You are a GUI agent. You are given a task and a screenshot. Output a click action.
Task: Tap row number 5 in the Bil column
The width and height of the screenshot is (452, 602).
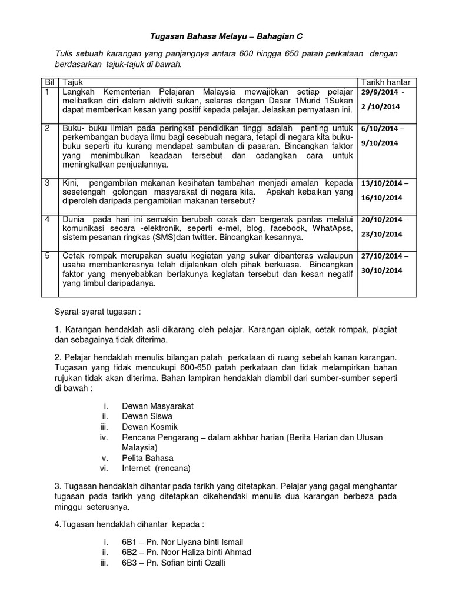(46, 255)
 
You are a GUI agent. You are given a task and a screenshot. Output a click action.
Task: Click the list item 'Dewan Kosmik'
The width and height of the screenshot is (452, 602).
(149, 426)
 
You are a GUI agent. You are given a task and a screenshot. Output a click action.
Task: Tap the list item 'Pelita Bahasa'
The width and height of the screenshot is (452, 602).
(148, 457)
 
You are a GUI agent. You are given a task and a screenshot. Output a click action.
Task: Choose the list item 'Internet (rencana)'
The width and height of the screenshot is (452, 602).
(156, 468)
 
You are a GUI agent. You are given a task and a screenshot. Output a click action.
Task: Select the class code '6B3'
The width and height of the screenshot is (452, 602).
(129, 562)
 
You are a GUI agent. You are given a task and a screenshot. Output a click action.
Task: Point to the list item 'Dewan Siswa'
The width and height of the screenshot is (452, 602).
(147, 416)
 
